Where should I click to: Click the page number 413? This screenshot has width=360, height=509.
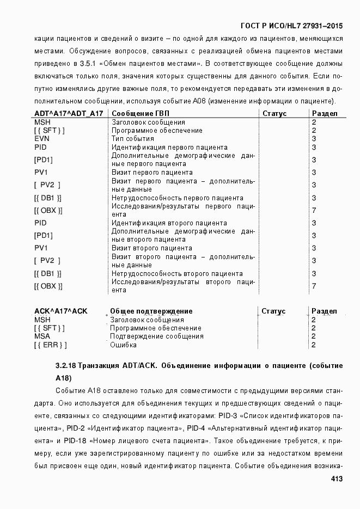pos(337,479)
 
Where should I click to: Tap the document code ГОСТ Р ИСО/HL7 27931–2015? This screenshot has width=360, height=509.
pos(291,26)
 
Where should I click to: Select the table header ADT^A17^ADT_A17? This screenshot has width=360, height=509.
pos(69,113)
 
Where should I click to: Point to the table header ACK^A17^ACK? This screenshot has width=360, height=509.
pos(60,311)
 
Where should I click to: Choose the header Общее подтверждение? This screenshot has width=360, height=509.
pos(151,311)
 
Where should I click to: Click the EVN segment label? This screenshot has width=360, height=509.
pos(41,139)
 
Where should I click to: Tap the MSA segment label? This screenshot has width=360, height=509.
pos(42,336)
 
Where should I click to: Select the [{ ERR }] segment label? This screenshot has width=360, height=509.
pos(50,345)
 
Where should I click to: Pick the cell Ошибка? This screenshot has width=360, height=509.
pos(123,345)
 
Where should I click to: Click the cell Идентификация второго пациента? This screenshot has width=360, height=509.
pos(169,223)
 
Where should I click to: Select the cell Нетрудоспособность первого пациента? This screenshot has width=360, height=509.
pos(177,198)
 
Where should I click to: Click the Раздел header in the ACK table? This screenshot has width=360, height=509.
pos(324,311)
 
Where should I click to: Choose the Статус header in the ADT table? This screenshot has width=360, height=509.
pos(274,113)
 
